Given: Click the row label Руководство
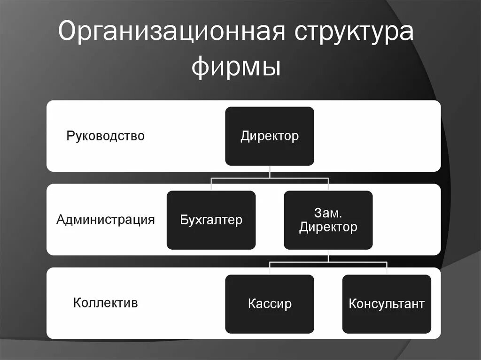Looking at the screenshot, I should [105, 136].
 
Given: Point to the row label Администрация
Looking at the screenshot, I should [105, 219].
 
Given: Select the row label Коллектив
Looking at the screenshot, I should [105, 302].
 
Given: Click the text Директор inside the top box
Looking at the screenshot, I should [270, 136].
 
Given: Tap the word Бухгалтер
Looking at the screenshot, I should [211, 219].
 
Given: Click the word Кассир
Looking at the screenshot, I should [270, 303].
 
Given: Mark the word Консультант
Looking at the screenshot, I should [387, 303].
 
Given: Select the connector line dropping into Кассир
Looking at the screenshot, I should [270, 268].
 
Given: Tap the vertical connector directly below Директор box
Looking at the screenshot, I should [270, 171].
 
